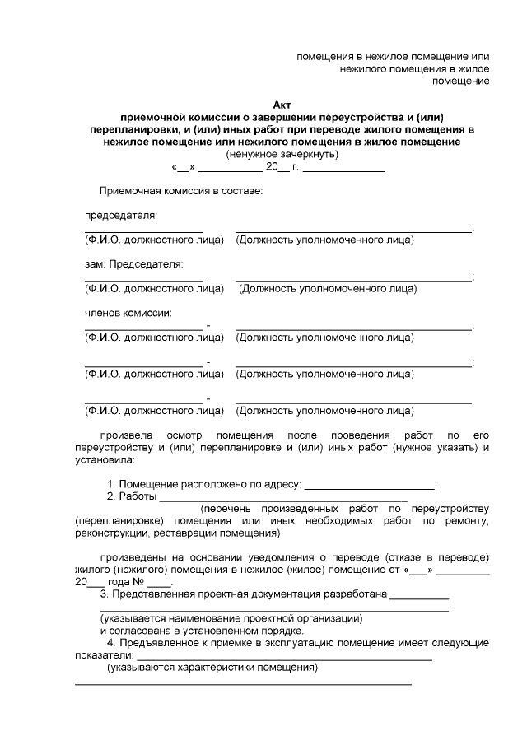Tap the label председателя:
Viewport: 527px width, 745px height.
pos(121,216)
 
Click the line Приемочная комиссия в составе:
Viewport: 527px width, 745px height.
pos(180,191)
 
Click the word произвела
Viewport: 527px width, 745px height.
pos(125,435)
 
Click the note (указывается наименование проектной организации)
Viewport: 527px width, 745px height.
pos(231,618)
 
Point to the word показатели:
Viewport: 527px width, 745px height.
pos(102,655)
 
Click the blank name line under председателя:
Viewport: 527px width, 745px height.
pos(143,232)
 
